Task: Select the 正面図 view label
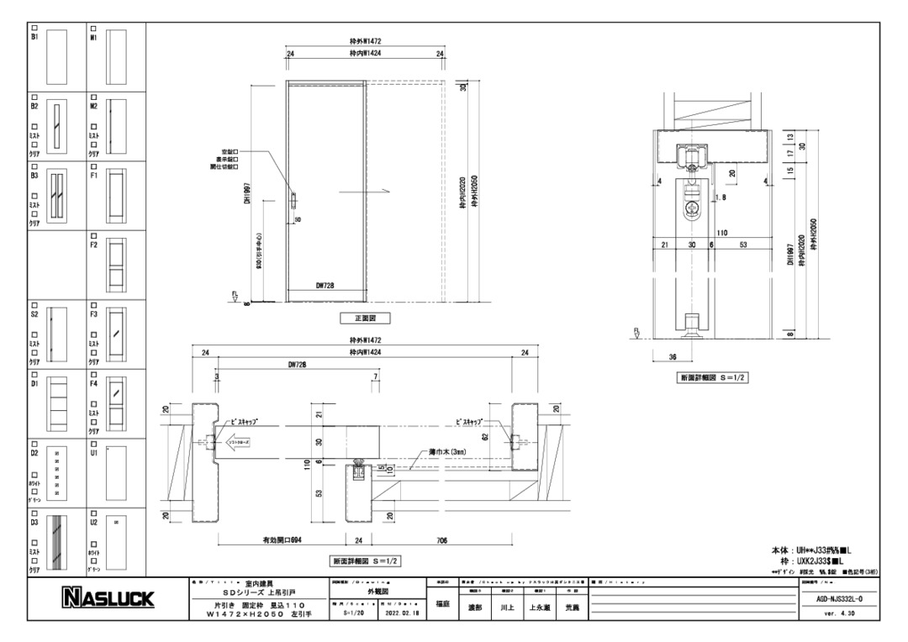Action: point(364,318)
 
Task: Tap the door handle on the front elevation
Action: point(293,202)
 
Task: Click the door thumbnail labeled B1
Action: point(55,55)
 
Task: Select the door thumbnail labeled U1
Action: point(116,473)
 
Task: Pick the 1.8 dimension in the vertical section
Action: point(721,198)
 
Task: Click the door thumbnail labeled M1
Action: point(116,55)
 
